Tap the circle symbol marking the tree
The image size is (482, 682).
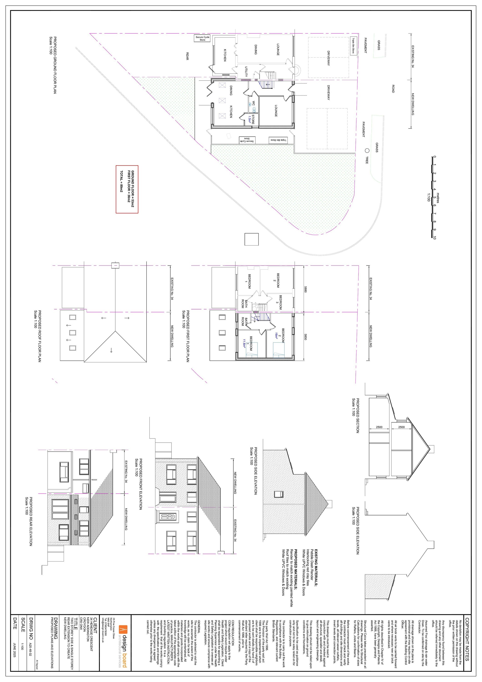tap(367, 150)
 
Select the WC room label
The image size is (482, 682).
tap(253, 104)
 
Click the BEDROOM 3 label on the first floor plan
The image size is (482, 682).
tap(280, 302)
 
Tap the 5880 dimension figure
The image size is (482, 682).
tap(305, 289)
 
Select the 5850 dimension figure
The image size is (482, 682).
tap(305, 337)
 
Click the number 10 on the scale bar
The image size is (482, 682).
tap(434, 238)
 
